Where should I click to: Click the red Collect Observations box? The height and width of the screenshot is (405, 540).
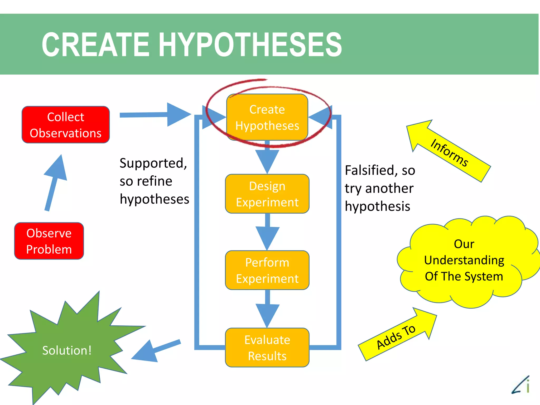click(66, 125)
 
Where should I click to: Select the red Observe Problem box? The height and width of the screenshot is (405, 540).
click(49, 241)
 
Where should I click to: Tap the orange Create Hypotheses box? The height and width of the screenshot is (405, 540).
click(267, 118)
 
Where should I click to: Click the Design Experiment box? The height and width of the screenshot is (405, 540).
click(267, 194)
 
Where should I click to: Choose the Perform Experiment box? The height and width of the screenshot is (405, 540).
click(267, 270)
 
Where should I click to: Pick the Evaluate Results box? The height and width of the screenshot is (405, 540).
click(267, 348)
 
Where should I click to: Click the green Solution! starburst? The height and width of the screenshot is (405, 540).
click(66, 351)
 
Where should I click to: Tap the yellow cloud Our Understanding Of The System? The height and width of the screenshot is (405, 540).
click(464, 261)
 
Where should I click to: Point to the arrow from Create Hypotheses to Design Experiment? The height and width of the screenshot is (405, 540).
click(267, 158)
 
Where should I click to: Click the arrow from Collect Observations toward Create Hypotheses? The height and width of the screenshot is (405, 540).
click(156, 115)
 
